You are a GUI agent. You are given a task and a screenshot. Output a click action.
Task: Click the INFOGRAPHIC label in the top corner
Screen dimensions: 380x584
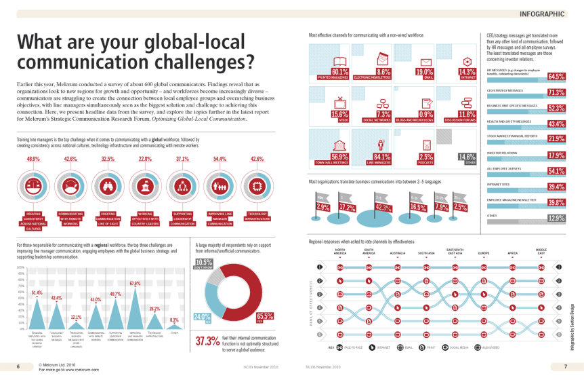point(542,13)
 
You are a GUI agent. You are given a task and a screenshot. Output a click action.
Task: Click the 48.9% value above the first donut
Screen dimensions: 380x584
point(33,159)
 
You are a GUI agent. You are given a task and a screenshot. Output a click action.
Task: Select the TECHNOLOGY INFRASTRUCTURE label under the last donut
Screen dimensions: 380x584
point(257,216)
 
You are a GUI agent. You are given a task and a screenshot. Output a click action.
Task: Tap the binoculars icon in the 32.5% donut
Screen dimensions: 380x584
point(108,184)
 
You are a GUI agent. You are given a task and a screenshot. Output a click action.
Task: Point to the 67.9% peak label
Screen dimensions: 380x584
point(135,283)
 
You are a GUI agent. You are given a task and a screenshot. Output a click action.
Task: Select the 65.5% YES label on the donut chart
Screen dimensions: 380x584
point(265,316)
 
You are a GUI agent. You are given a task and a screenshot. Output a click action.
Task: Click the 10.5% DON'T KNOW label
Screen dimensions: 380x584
point(203,263)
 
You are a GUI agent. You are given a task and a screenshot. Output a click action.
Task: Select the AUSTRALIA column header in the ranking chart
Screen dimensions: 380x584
point(398,253)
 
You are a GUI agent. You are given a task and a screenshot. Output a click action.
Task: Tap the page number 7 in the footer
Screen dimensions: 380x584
point(564,366)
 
